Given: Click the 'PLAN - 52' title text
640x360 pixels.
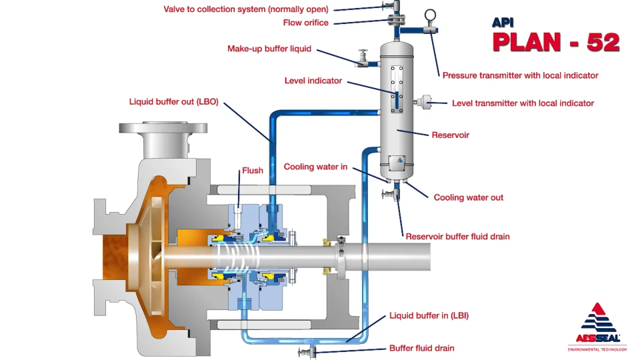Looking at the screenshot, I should (555, 41).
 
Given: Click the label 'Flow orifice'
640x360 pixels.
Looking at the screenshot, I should (305, 23).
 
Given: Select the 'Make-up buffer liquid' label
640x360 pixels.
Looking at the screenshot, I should (269, 49).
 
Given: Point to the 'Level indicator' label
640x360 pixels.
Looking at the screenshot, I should (313, 81).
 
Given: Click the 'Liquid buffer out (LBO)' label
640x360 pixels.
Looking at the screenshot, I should (173, 103).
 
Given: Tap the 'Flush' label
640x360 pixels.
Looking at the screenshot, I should (252, 171).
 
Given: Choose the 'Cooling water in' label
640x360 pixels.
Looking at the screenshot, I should (315, 167).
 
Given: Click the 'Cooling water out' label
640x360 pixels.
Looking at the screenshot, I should (468, 197).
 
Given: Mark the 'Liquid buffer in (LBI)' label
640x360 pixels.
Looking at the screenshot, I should (429, 315).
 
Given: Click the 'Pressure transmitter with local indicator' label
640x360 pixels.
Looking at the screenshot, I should (520, 75).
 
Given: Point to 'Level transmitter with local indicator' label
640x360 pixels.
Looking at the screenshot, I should (523, 103).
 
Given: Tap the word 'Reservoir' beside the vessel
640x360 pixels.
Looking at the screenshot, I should (451, 135).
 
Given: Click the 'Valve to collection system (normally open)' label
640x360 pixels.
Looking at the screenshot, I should (247, 9).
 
